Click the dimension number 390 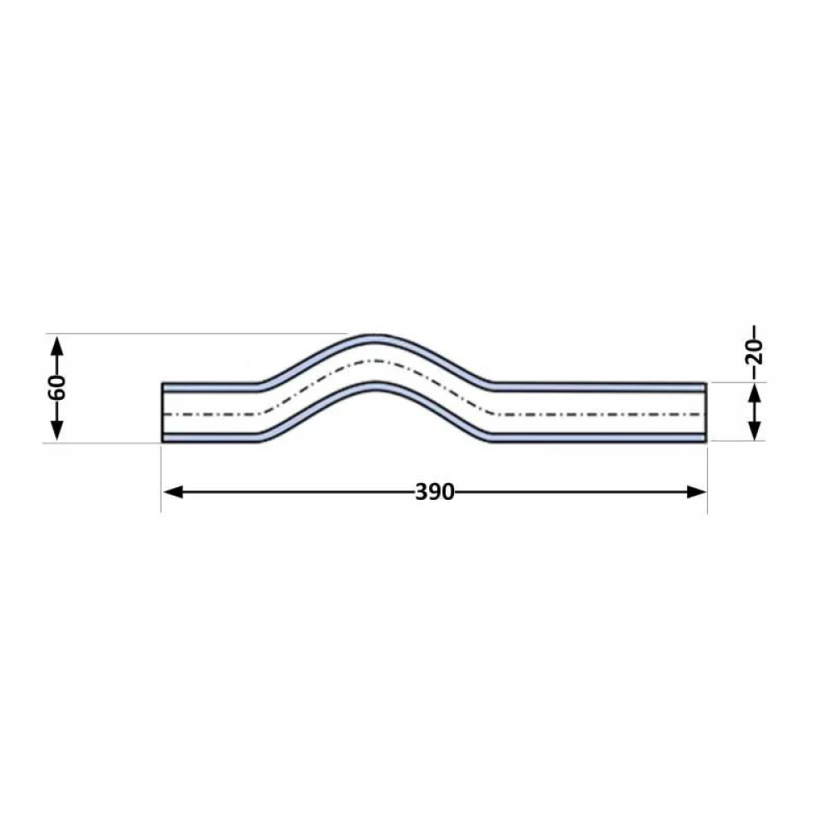435,492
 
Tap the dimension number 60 57,387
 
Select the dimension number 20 755,352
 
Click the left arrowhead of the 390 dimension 172,492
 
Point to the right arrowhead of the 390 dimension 696,492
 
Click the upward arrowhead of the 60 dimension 57,347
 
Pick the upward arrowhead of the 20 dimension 755,394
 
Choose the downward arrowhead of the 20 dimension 755,430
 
